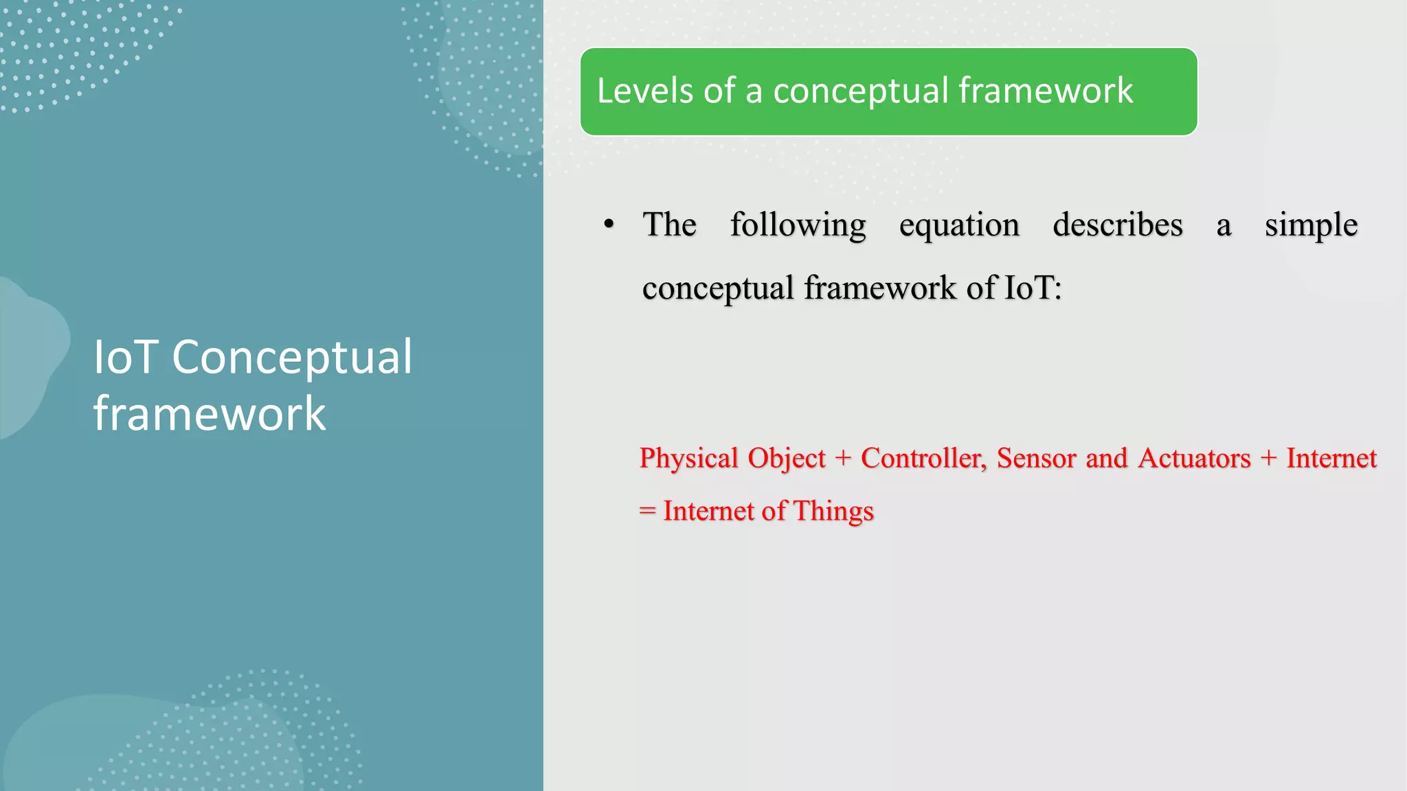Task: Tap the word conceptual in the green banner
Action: point(861,92)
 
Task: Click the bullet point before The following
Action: point(609,225)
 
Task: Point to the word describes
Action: point(1118,225)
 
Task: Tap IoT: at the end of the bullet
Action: point(1033,288)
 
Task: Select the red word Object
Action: point(787,459)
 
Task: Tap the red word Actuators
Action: point(1194,459)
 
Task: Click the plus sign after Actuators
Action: point(1268,459)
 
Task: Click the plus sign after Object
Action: point(843,459)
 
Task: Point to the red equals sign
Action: point(647,512)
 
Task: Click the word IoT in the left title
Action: point(126,357)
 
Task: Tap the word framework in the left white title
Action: point(210,414)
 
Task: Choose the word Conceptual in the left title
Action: point(292,358)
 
